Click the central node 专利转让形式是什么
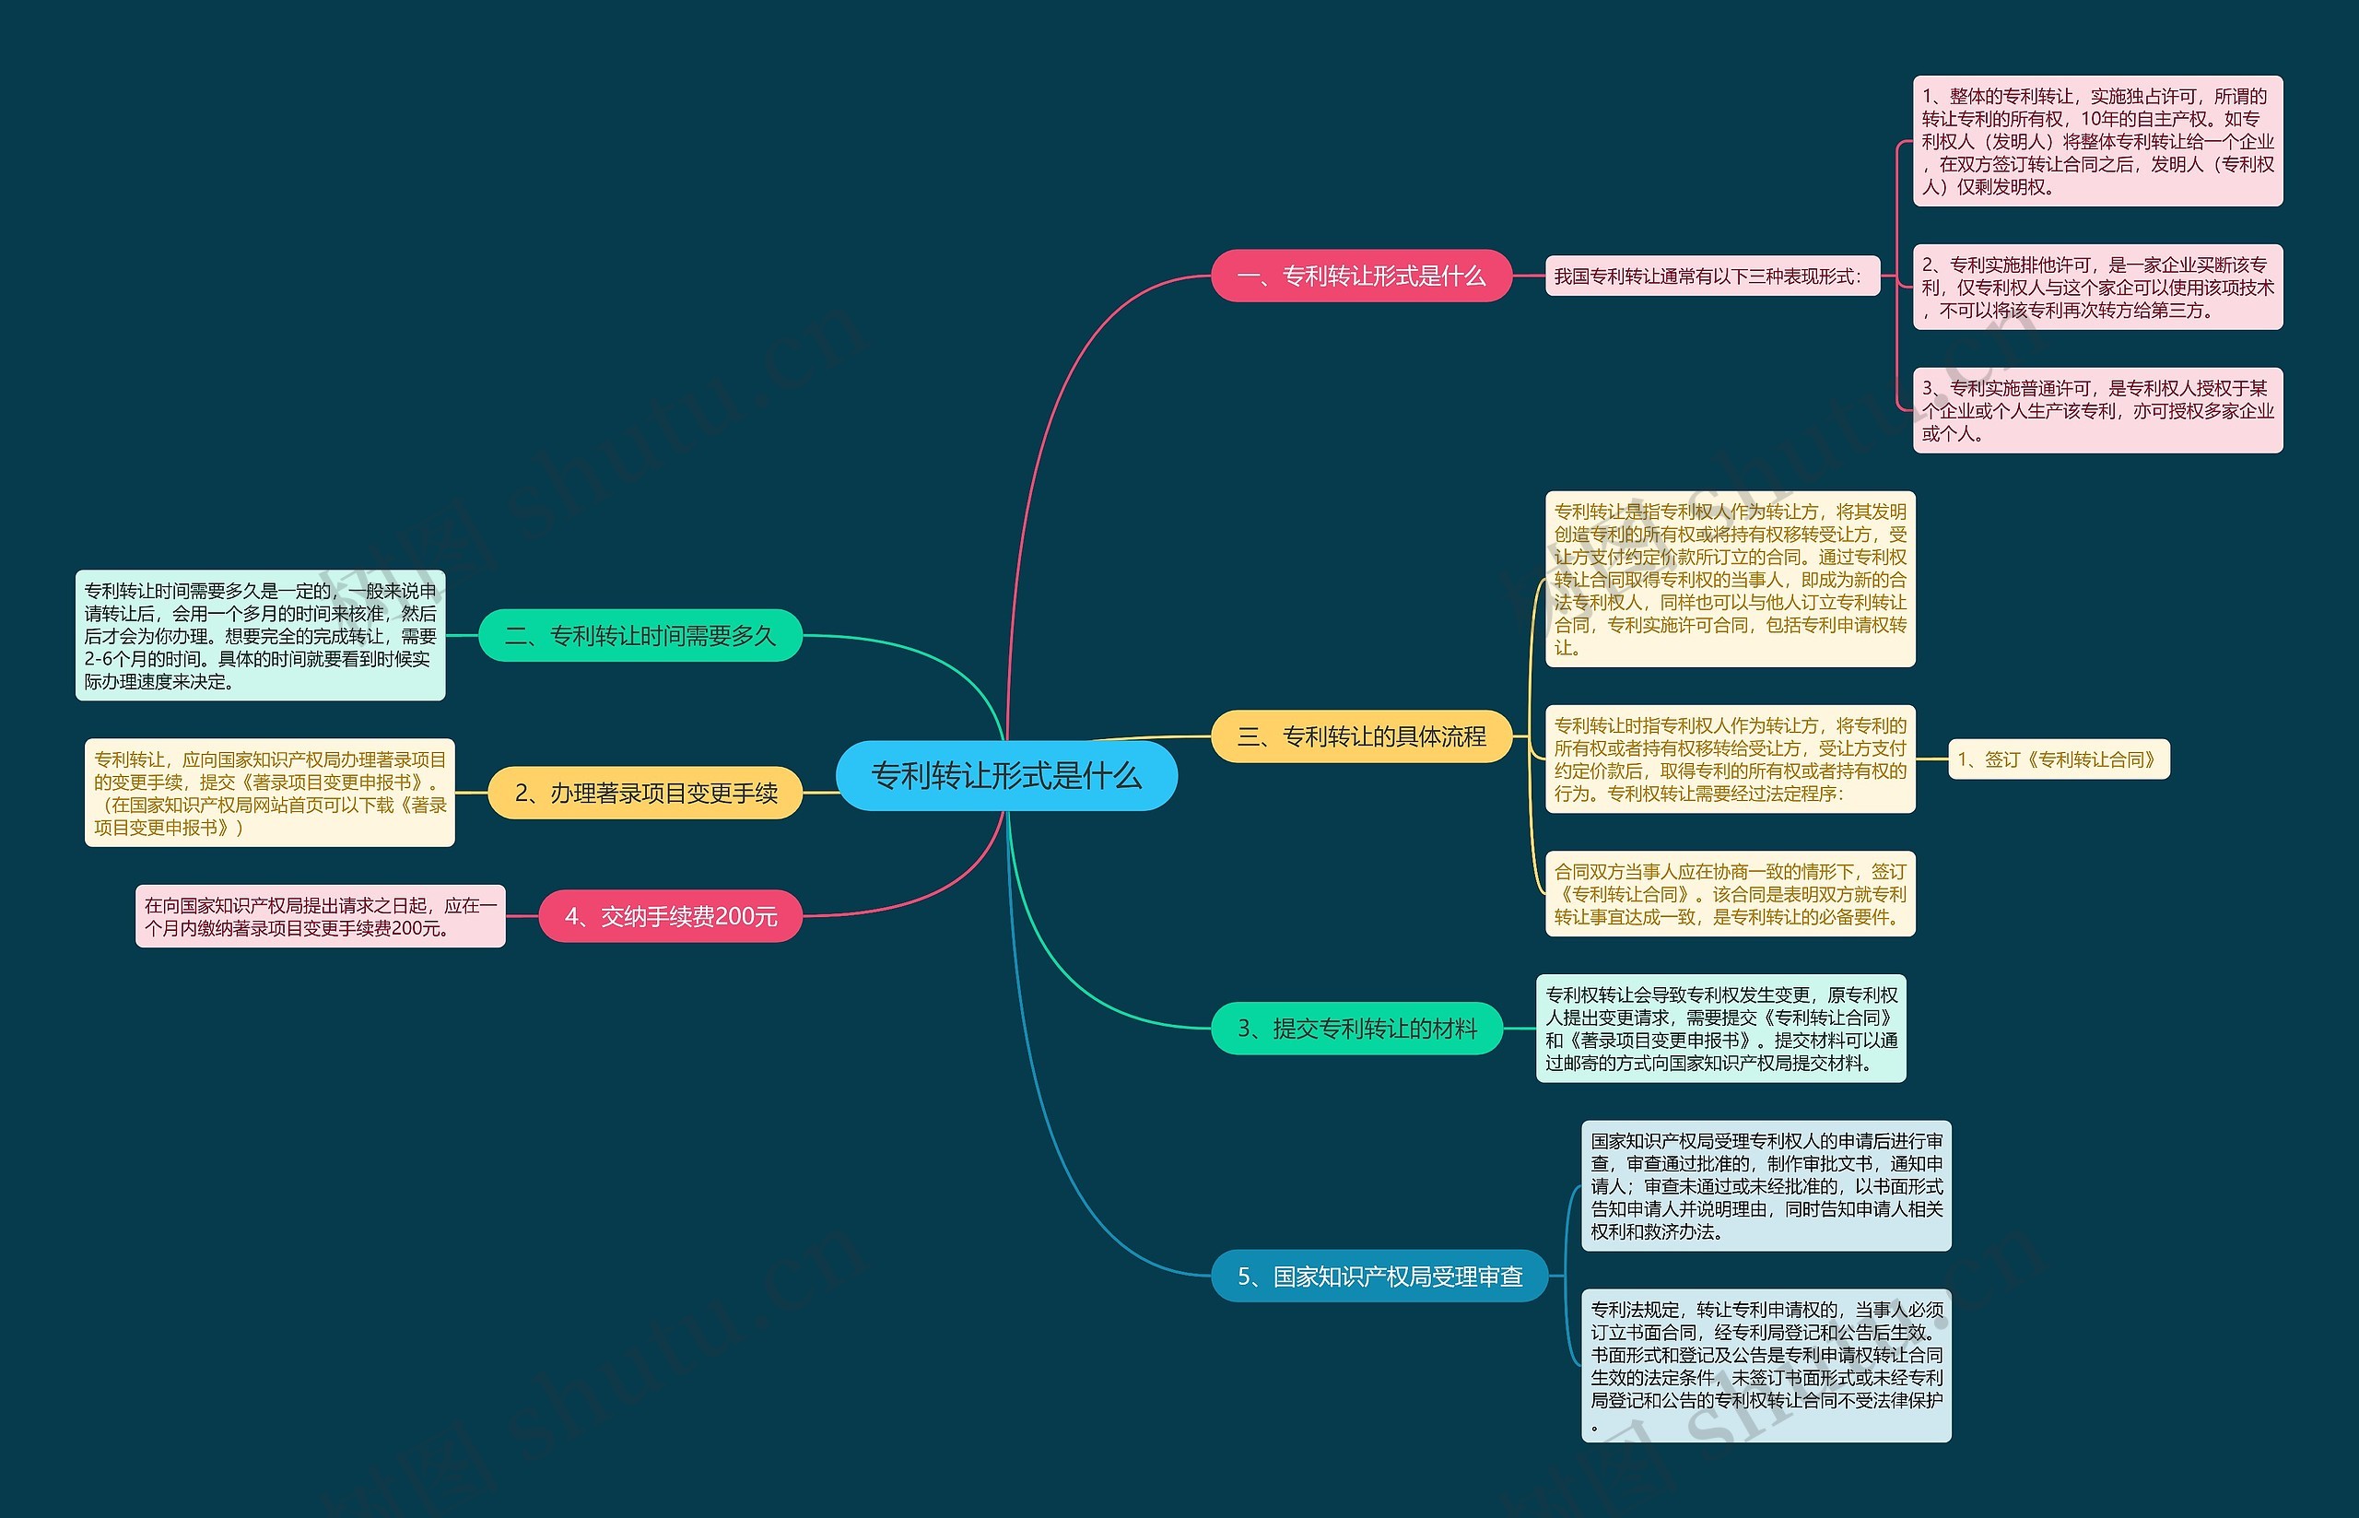point(1006,776)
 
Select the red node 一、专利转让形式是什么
point(1361,276)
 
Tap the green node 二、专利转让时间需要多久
point(640,636)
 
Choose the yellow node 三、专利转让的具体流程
point(1361,736)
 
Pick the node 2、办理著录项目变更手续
point(645,794)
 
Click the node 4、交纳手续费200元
point(670,917)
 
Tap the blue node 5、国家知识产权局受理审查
point(1379,1277)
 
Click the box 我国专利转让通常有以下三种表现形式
point(1711,276)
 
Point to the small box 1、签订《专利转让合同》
point(2059,760)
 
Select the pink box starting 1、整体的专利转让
point(2097,141)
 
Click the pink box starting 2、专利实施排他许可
point(2097,287)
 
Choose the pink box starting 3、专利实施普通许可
point(2097,410)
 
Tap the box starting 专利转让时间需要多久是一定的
point(260,636)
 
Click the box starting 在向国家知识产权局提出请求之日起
point(321,917)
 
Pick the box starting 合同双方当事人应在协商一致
point(1730,894)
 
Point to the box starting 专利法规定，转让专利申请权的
point(1766,1365)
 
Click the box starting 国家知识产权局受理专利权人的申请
point(1766,1186)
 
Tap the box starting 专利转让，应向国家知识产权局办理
point(269,794)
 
